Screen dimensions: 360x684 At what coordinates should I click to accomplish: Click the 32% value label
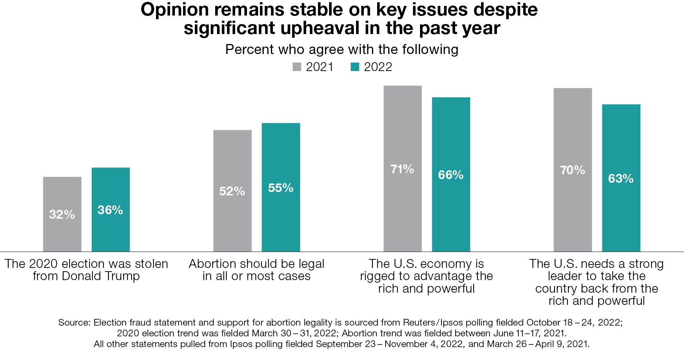(x=62, y=214)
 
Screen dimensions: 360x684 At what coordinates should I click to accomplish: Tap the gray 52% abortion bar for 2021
(x=232, y=222)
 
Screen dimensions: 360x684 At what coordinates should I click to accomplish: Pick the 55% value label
(x=281, y=188)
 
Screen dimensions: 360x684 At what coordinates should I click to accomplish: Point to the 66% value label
(x=451, y=175)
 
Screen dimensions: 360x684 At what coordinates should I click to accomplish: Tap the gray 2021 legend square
(x=297, y=67)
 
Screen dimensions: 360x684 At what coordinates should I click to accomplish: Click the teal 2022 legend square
(x=355, y=67)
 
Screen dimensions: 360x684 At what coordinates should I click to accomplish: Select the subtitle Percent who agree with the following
(x=342, y=49)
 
